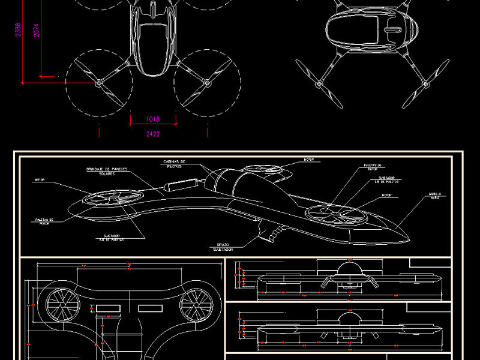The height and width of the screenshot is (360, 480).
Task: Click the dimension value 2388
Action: (x=18, y=31)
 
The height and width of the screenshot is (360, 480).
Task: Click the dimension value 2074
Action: (x=37, y=31)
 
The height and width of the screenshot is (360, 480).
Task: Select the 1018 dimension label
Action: (x=153, y=119)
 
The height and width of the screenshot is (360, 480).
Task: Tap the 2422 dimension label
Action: (x=153, y=134)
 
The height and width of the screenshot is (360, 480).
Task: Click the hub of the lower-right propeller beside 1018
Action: (x=207, y=83)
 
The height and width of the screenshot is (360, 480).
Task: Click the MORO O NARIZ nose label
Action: (x=435, y=196)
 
